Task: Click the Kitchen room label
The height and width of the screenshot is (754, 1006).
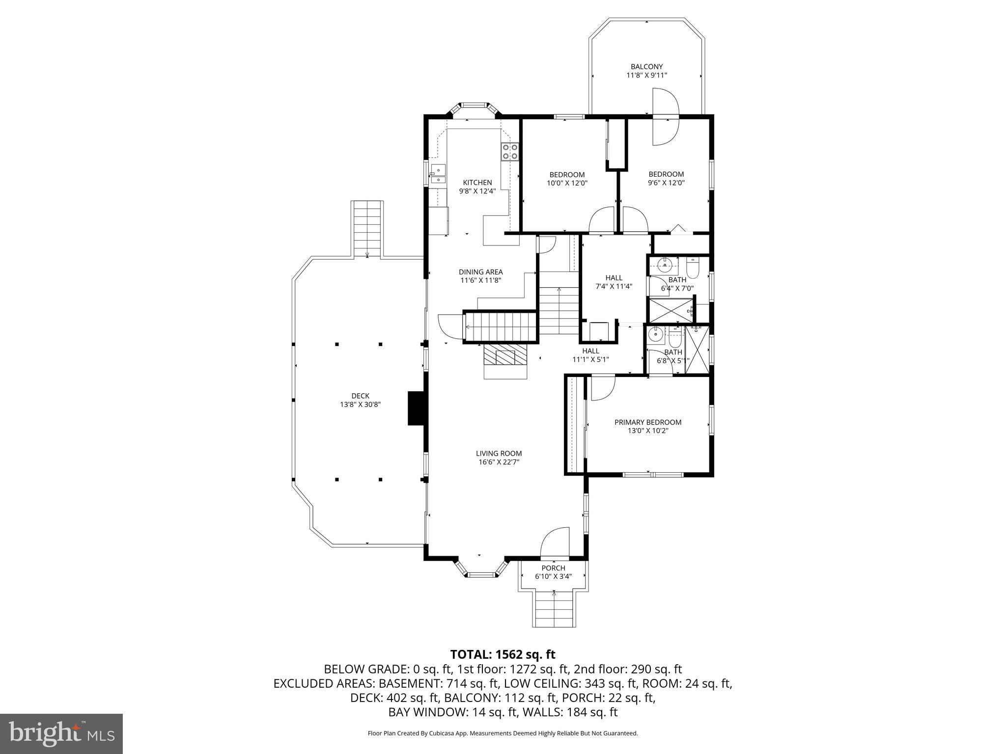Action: point(477,183)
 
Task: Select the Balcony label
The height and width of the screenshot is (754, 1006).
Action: point(646,67)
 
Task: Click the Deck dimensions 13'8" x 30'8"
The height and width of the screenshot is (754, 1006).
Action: point(360,404)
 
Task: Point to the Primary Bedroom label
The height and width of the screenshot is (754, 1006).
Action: point(648,422)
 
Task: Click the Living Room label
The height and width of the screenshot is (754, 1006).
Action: point(499,454)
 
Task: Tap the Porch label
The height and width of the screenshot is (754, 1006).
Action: point(553,568)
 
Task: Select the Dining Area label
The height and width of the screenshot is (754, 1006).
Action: point(480,272)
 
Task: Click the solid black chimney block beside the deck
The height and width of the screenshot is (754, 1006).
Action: point(416,408)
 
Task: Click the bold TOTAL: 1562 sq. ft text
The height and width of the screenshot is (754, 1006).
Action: point(503,654)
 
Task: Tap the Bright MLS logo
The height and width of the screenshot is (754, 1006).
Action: point(61,733)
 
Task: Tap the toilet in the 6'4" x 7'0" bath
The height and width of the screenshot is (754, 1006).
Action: point(693,269)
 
